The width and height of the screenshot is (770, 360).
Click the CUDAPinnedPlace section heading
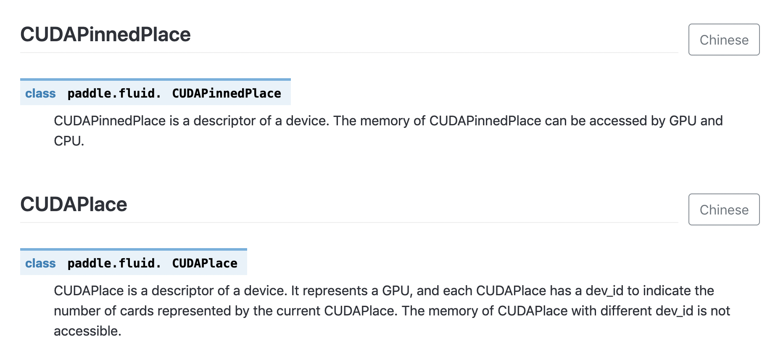pos(105,34)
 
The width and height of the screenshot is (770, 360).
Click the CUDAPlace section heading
pos(74,204)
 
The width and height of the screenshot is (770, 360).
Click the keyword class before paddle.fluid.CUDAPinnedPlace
pos(40,93)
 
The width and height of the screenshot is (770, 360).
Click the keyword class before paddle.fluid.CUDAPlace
pos(40,263)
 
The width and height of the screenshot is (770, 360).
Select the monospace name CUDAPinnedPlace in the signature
pos(227,93)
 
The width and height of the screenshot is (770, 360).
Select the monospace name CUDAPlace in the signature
pos(205,263)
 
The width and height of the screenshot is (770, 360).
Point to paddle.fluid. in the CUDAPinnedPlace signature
pos(114,93)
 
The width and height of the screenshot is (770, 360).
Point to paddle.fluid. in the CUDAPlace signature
pos(114,263)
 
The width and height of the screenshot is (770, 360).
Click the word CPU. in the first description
pos(69,141)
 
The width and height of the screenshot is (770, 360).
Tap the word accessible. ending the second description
pos(87,331)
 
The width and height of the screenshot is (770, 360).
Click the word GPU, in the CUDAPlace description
pos(397,291)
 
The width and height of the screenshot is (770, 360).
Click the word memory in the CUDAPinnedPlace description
pos(385,121)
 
